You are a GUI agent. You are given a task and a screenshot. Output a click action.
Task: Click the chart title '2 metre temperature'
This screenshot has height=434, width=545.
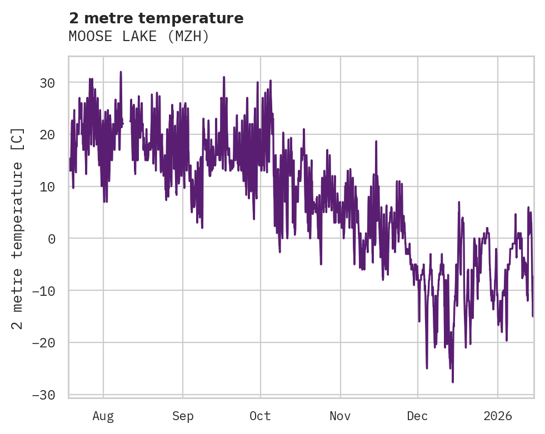pos(156,18)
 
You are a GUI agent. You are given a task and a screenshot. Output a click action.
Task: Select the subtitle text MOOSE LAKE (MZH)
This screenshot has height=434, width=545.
pos(139,37)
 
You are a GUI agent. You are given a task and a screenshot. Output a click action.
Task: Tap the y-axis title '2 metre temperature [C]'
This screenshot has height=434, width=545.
pos(18,228)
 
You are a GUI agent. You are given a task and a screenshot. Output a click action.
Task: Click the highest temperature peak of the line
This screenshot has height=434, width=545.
pos(121,72)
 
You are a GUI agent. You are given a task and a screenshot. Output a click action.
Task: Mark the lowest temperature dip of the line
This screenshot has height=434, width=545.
pos(453,382)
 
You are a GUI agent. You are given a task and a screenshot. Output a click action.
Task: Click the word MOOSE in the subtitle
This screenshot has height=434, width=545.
pos(87,37)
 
